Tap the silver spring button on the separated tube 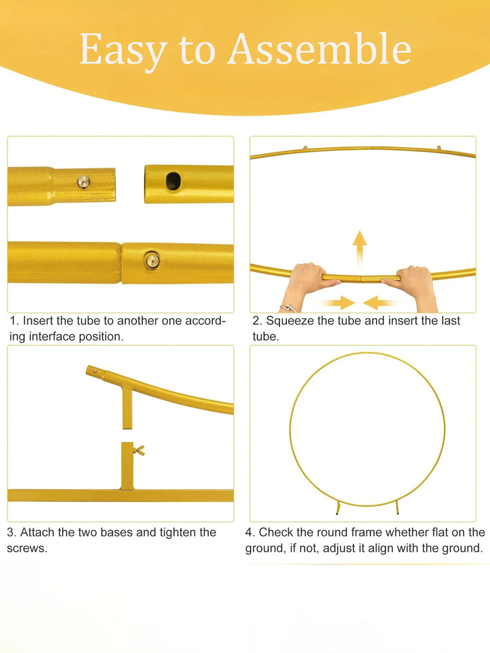(x=84, y=181)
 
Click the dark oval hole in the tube (x=174, y=181)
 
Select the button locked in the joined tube (x=153, y=260)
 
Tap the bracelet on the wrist (x=288, y=308)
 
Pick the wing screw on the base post (x=139, y=450)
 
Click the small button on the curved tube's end (x=95, y=371)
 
